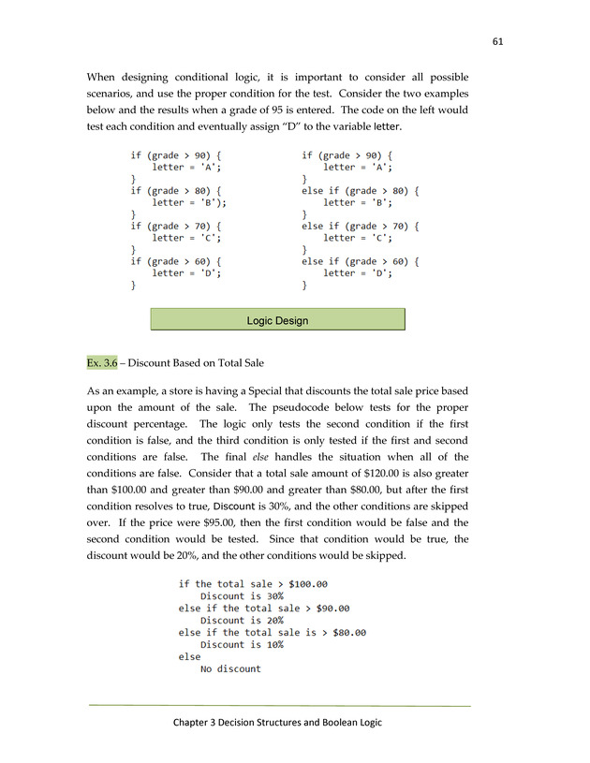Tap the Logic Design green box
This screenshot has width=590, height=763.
pos(277,320)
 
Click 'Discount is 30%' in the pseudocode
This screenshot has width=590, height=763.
pos(242,596)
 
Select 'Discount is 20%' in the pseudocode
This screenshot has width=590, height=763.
pos(242,620)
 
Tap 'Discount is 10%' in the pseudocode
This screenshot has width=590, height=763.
pos(242,644)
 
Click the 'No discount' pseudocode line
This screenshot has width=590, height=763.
pos(230,668)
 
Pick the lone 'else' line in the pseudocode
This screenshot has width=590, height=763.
pos(190,656)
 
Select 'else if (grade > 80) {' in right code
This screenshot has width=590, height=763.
pos(360,190)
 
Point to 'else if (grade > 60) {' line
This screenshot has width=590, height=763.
pos(360,261)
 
